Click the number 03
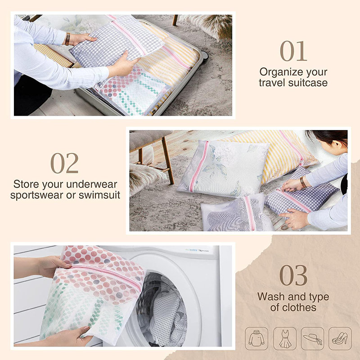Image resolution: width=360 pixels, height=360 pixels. (293, 275)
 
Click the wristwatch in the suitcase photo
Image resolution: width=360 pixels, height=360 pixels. (67, 39)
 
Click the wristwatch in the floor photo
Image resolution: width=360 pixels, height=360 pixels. (303, 182)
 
